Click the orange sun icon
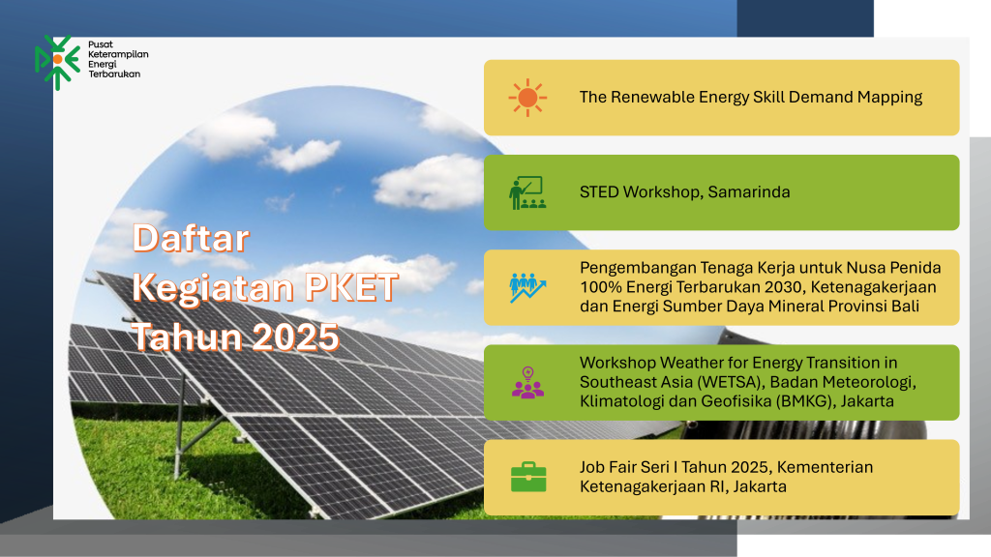pos(527,98)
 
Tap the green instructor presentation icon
pos(527,192)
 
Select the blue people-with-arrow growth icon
pos(527,287)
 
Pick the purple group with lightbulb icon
pos(527,383)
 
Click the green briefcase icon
pos(528,477)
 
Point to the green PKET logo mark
pos(57,62)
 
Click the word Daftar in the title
pos(191,239)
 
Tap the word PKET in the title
pos(351,287)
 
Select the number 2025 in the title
pos(296,337)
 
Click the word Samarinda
pos(749,192)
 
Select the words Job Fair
pos(608,467)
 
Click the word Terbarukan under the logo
pos(114,73)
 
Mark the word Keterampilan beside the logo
pos(118,54)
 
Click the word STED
pos(599,192)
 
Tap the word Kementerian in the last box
pos(825,467)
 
